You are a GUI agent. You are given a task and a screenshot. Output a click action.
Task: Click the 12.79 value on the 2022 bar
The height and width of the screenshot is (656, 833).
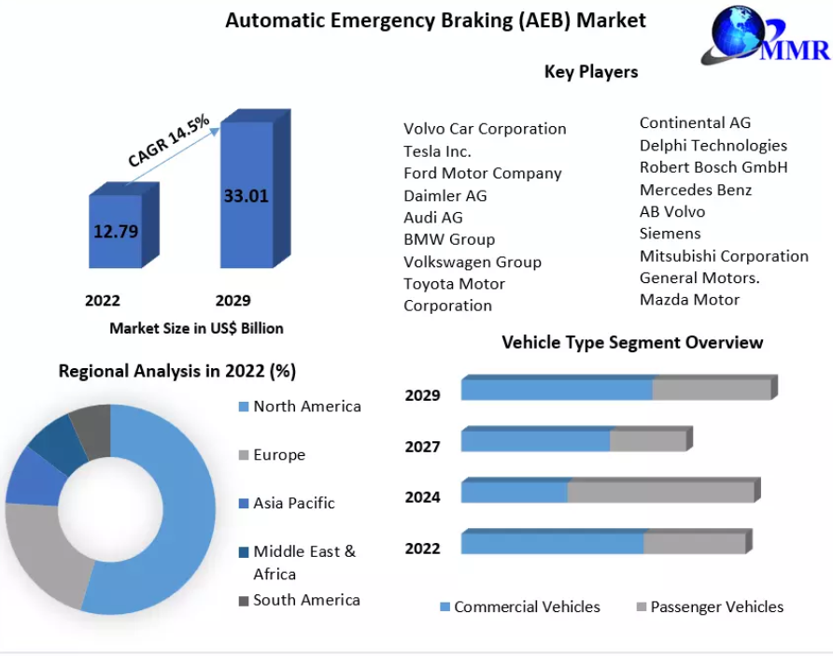(x=116, y=231)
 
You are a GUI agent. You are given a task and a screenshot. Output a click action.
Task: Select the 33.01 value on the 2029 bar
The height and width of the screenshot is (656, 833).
(x=246, y=195)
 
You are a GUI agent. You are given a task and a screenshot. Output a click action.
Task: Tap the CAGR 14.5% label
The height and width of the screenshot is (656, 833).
(x=168, y=140)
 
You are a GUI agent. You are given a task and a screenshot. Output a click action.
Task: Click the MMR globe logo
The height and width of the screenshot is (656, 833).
(x=765, y=34)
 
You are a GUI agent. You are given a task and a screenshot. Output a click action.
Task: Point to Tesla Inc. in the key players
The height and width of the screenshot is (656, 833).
(x=437, y=151)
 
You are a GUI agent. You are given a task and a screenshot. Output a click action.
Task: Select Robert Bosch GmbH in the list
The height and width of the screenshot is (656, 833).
(x=713, y=167)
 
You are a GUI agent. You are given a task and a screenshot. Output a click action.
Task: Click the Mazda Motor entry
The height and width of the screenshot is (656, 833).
(x=689, y=300)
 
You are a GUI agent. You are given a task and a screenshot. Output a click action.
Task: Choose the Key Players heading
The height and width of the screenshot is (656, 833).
(x=591, y=72)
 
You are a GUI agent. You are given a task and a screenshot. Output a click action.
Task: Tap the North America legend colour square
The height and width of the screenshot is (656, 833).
(x=244, y=406)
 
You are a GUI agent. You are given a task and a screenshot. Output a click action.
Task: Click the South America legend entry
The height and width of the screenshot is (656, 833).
(x=300, y=600)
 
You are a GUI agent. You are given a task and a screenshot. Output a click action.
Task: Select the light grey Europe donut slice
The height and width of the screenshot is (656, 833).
(x=45, y=553)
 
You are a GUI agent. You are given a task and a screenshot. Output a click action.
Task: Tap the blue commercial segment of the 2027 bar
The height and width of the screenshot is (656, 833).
(x=535, y=441)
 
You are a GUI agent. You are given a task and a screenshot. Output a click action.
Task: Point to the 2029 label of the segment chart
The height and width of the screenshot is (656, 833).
(x=422, y=395)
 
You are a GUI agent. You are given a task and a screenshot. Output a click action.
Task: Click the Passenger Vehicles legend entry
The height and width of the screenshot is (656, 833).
(x=711, y=606)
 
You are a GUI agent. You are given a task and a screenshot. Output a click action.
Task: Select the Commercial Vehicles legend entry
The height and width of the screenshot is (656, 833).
(x=520, y=606)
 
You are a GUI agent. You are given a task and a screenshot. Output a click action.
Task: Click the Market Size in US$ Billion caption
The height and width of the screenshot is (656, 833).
(x=196, y=329)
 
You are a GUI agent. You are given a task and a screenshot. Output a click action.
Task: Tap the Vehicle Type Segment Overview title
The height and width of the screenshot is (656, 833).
(x=632, y=343)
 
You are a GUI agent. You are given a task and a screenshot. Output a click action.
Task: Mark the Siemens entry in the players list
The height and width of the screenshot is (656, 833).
(x=670, y=234)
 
